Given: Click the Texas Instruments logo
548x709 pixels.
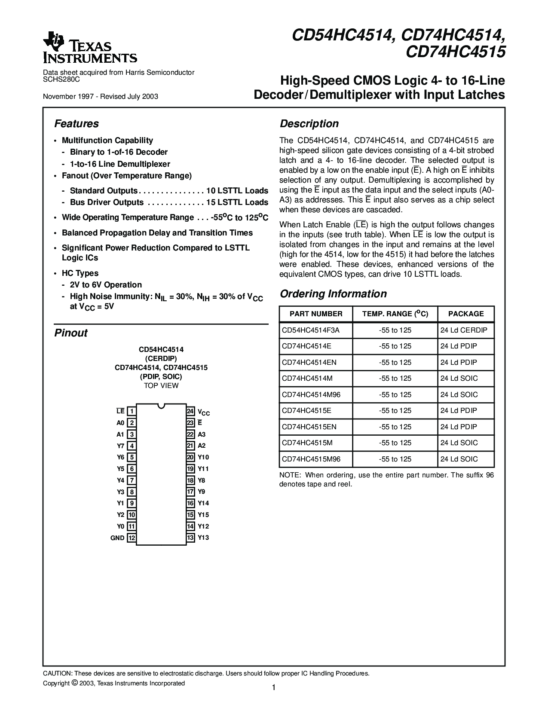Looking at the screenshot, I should click(x=90, y=48).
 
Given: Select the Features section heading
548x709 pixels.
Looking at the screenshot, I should click(x=77, y=124).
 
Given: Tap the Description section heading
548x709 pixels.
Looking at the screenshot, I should click(x=309, y=124).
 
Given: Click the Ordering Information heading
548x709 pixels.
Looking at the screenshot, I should click(x=333, y=294).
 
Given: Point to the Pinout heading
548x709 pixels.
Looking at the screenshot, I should click(x=71, y=333).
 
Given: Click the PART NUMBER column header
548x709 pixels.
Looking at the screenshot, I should click(x=316, y=314).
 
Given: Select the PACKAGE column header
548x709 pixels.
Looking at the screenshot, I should click(x=466, y=314).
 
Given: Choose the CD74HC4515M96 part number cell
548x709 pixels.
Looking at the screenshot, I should click(x=311, y=459).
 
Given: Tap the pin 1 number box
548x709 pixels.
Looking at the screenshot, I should click(x=132, y=411).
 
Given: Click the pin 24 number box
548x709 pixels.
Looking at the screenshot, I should click(x=190, y=411).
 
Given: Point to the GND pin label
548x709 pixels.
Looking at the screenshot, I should click(x=117, y=538).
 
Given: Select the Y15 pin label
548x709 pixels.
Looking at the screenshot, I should click(x=203, y=515).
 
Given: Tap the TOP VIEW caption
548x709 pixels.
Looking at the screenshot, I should click(x=161, y=385).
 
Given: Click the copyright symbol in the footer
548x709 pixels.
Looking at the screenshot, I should click(x=74, y=683).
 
